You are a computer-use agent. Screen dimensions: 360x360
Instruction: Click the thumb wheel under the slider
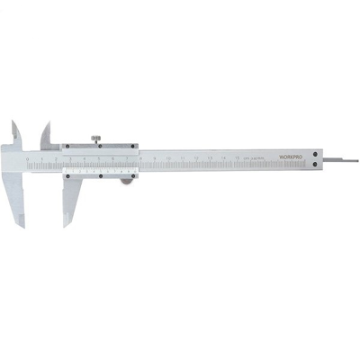pos(125,180)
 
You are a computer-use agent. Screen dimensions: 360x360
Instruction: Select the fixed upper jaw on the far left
pos(18,132)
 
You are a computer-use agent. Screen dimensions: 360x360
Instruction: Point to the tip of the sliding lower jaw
pos(65,223)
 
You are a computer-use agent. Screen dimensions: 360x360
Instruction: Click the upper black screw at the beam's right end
pos(314,153)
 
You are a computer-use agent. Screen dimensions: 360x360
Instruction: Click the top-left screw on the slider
pos(68,146)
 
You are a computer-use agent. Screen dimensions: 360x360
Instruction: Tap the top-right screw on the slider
pos(134,146)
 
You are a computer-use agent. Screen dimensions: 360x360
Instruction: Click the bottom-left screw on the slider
pos(68,173)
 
